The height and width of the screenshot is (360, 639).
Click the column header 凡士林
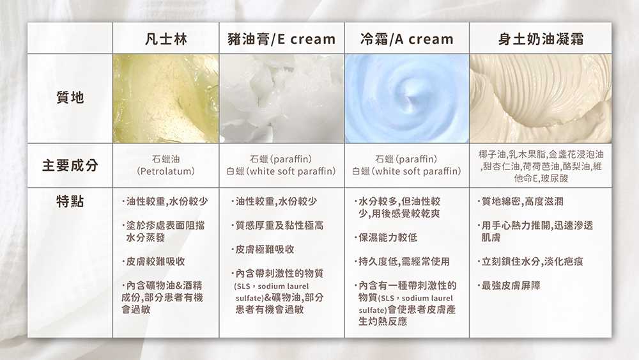point(166,39)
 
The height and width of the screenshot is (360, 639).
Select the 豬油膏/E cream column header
point(282,39)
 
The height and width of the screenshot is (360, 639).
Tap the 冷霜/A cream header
point(406,39)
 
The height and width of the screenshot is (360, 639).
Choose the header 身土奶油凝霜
point(541,39)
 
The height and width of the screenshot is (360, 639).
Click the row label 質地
point(70,97)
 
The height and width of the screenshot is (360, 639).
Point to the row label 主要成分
point(70,166)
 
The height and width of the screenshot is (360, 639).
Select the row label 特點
point(70,201)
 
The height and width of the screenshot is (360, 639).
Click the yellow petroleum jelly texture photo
point(166,98)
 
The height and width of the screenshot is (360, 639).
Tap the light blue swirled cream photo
point(406,98)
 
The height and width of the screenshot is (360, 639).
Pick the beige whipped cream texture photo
point(541,98)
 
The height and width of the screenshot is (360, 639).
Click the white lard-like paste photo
point(282,98)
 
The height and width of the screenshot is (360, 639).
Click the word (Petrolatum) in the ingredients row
point(166,171)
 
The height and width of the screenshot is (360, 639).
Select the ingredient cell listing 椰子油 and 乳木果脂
point(541,166)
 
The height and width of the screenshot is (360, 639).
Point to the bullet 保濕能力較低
point(386,237)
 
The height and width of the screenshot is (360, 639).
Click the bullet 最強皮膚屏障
point(509,285)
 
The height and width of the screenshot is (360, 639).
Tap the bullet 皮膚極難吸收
point(263,249)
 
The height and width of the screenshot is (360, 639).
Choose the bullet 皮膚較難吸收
point(153,262)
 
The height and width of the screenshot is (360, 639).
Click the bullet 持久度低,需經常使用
point(402,262)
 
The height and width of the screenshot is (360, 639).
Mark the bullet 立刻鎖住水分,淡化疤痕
point(530,262)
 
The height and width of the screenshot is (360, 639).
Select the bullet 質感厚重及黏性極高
point(277,226)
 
